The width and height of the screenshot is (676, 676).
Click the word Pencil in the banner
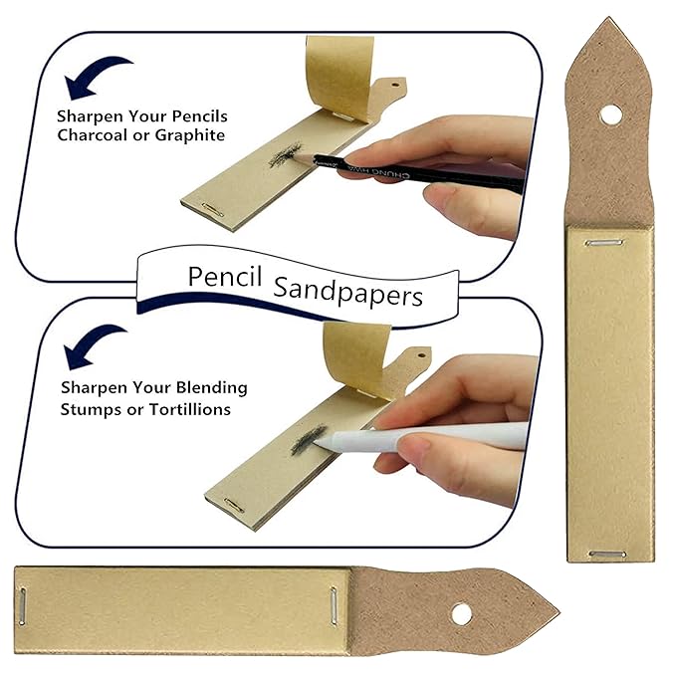tap(225, 277)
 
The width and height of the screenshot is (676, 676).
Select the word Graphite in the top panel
tap(190, 135)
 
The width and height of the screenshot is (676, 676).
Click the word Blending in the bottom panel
tap(212, 387)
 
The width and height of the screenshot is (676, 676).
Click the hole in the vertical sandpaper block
tap(611, 115)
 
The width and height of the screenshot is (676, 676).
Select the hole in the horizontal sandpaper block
tap(462, 614)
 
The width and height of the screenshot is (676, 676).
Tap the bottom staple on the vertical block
tap(607, 554)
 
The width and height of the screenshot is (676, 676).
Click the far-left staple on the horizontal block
tap(22, 606)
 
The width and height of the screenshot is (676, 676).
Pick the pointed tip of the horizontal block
tap(560, 611)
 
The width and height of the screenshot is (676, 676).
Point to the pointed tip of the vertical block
tap(608, 17)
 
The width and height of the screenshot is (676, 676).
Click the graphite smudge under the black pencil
tap(285, 154)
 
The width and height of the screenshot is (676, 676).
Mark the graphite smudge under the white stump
tap(308, 440)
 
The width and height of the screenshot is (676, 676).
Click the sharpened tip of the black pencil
tap(298, 157)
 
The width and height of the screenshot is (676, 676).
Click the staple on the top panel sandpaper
tap(211, 209)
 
